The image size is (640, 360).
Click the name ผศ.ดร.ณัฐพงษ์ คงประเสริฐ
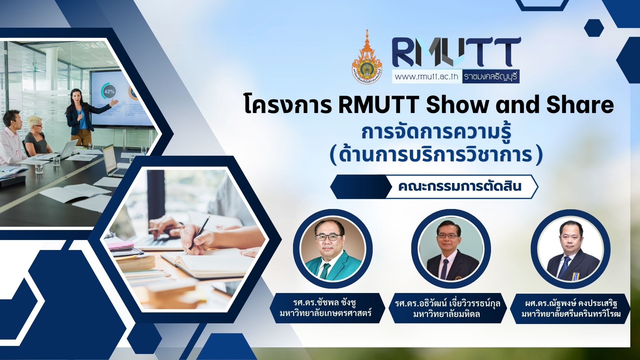point(571,304)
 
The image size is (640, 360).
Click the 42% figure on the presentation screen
point(109,91)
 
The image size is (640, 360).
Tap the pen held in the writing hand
point(199,233)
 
